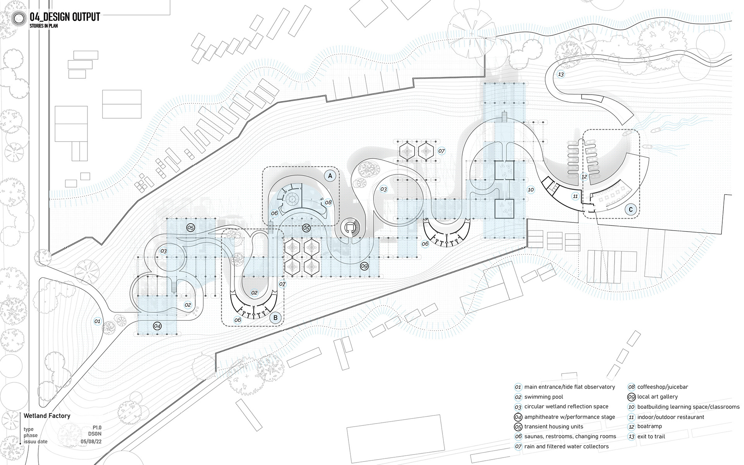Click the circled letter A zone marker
point(330,176)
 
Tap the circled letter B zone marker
point(276,318)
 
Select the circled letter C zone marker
point(631,210)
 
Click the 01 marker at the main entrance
point(97,321)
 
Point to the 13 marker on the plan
point(561,74)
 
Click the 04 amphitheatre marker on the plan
point(157,326)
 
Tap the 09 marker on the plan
point(364,266)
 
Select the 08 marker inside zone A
point(328,202)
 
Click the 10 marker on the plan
point(531,190)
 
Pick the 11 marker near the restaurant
point(575,196)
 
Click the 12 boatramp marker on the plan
point(584,177)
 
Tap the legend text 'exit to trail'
point(651,436)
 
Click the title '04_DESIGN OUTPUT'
point(65,17)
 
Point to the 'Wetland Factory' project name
point(47,416)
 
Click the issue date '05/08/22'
point(91,441)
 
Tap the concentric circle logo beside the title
point(19,18)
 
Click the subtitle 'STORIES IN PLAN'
point(43,26)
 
